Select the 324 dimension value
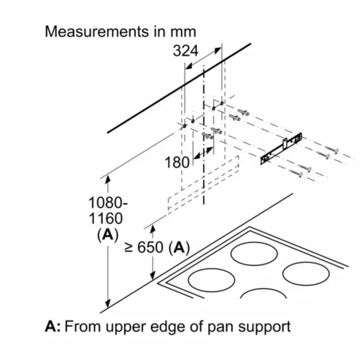[x=185, y=51]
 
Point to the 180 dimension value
[x=177, y=162]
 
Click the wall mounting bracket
[x=282, y=148]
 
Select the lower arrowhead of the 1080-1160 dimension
[x=107, y=304]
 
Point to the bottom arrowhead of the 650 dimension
[x=153, y=275]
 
